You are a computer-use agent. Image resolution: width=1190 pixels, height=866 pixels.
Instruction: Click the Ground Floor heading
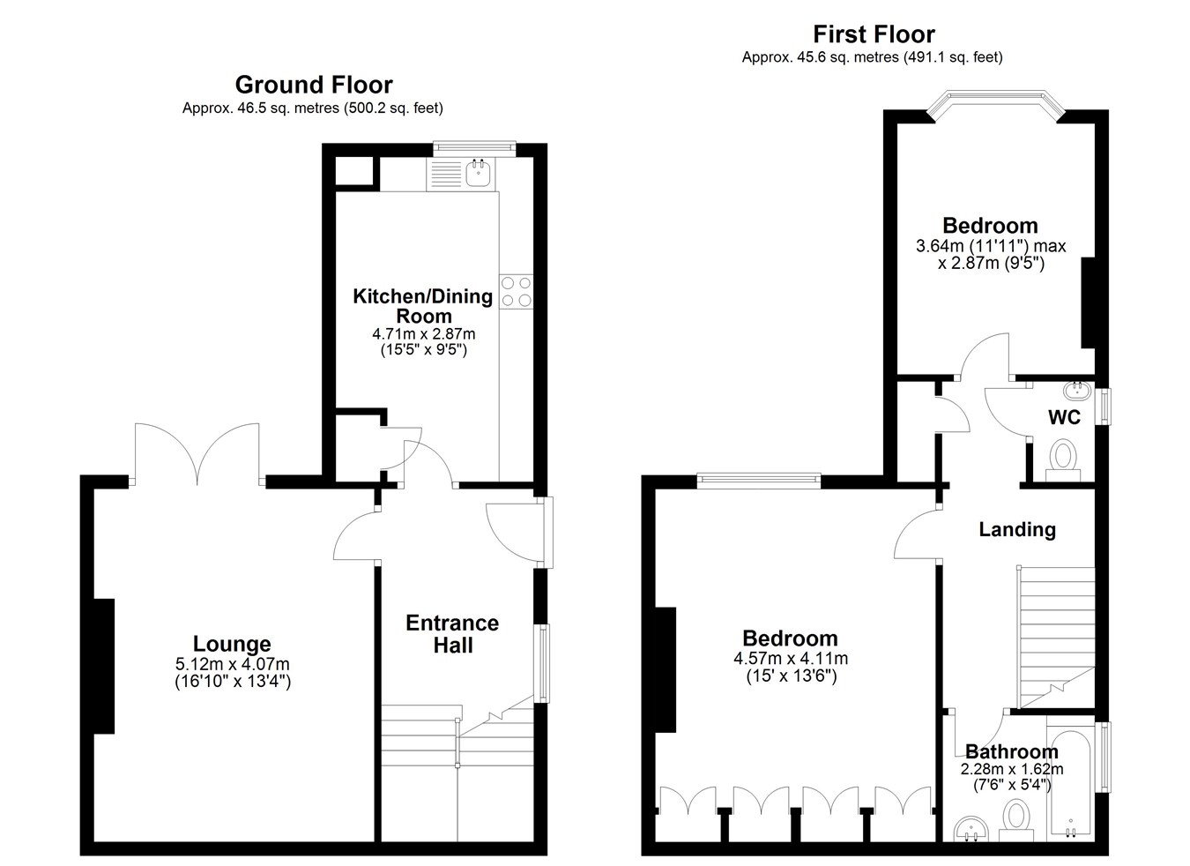[x=314, y=85]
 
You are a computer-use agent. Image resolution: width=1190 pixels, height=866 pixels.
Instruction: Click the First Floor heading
[x=874, y=34]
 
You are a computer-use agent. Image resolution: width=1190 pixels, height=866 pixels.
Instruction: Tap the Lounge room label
[x=232, y=644]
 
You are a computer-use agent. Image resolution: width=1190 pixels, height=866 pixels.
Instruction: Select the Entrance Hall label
[x=452, y=634]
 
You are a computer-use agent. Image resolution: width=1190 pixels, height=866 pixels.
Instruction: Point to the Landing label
[x=1017, y=529]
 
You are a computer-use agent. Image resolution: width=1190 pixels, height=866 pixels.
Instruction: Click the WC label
[x=1064, y=417]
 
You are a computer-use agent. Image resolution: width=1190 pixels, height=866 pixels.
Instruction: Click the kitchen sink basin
[x=478, y=174]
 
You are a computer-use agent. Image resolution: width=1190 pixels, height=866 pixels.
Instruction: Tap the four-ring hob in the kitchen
[x=516, y=291]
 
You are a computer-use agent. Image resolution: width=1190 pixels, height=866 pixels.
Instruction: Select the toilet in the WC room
[x=1062, y=460]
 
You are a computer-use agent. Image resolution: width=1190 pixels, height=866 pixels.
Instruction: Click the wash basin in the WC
[x=1077, y=391]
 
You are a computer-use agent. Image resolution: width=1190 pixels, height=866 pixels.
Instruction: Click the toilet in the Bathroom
[x=1016, y=821]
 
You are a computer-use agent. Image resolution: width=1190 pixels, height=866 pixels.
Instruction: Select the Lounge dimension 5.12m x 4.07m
[x=232, y=664]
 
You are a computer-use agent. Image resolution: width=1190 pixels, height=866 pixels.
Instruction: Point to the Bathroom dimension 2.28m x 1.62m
[x=1012, y=769]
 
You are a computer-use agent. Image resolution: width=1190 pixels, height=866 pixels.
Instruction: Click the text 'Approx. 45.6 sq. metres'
[x=821, y=57]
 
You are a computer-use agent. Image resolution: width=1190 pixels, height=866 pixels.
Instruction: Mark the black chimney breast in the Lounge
[x=104, y=667]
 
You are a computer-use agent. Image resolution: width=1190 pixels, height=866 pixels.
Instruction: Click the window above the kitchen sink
[x=474, y=148]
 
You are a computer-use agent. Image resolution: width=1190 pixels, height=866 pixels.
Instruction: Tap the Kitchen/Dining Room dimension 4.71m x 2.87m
[x=423, y=334]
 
